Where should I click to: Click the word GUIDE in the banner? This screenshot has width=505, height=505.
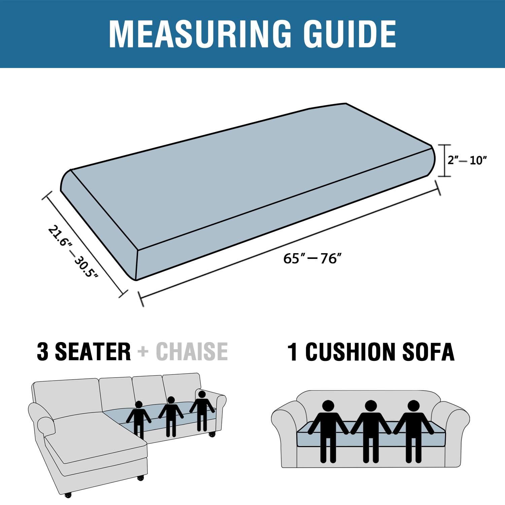[x=350, y=34]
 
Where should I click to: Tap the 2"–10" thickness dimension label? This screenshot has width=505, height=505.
[x=467, y=160]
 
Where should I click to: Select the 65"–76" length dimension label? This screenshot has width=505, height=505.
[x=312, y=259]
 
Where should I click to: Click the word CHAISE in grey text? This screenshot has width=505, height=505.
[x=192, y=351]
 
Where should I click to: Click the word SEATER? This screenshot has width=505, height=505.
[x=93, y=351]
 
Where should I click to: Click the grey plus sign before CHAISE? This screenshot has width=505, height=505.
[x=143, y=352]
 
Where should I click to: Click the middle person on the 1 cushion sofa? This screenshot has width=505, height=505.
[x=371, y=431]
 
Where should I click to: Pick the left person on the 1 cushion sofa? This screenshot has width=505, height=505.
[x=328, y=431]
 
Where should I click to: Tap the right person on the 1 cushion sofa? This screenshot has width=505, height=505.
[x=413, y=431]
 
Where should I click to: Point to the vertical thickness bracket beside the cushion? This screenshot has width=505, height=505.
[x=445, y=161]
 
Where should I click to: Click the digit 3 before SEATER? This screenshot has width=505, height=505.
[x=42, y=351]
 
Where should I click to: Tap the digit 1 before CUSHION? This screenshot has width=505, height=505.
[x=293, y=352]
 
